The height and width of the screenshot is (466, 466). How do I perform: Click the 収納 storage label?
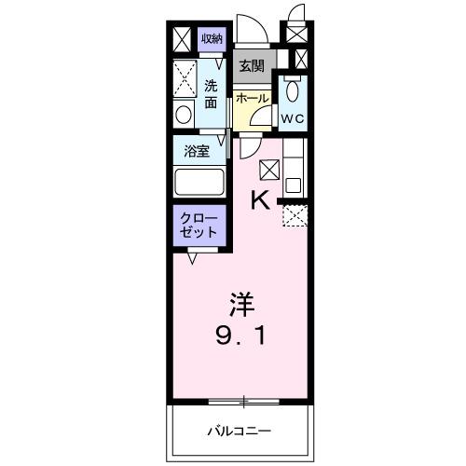pos(212,38)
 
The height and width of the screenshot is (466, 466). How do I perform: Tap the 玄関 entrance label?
pos(250,65)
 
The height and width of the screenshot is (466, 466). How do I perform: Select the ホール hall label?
pos(252,98)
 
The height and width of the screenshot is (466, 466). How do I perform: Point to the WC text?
pos(294,118)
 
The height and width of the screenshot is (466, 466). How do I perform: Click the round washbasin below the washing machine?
pos(184,115)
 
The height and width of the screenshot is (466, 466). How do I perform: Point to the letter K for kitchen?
pos(261,199)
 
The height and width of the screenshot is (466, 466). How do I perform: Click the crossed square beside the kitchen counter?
pos(268,169)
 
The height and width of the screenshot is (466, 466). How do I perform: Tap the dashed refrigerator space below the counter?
pos(295,215)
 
